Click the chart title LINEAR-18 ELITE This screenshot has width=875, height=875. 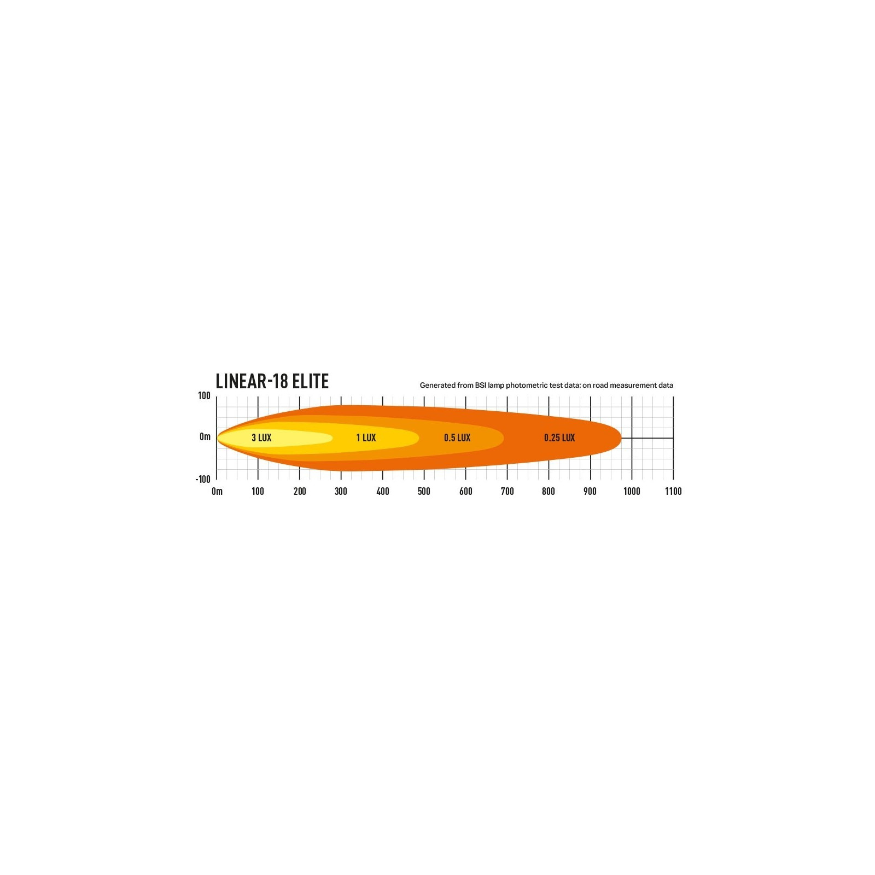tap(272, 381)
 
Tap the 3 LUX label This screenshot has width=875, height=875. tap(261, 437)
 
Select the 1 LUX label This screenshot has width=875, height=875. tap(366, 437)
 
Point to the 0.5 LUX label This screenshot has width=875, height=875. tap(457, 437)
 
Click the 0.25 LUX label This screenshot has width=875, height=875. tap(559, 437)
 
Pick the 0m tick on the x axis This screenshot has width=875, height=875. tap(217, 491)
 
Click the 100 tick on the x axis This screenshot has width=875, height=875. tap(258, 491)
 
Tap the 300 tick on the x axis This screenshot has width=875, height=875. tap(341, 491)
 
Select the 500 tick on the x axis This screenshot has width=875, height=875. tap(424, 491)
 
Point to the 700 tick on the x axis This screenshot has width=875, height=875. tap(507, 491)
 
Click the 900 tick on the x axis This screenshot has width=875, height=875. tap(590, 491)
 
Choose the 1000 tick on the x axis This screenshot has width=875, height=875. tap(632, 491)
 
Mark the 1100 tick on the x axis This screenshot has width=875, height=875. tap(673, 491)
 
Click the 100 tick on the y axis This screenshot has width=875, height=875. tap(204, 395)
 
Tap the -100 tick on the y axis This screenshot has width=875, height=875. tap(203, 479)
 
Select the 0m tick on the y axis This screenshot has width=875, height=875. tap(205, 436)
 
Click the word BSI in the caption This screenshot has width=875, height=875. tap(481, 385)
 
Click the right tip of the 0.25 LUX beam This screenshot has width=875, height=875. tap(621, 438)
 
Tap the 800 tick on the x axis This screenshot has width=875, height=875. tap(549, 491)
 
